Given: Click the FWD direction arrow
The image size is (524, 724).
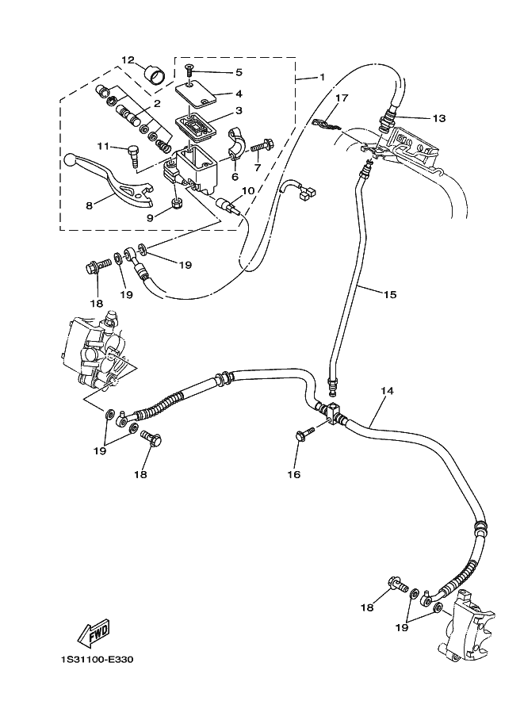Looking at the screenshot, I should click(x=93, y=634).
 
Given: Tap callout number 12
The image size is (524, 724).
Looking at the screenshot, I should click(x=128, y=60).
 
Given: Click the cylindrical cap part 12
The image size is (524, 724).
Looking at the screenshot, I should click(x=155, y=77).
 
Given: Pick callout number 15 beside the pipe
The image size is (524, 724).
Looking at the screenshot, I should click(x=389, y=294).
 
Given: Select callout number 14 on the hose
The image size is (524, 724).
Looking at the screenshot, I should click(x=387, y=391).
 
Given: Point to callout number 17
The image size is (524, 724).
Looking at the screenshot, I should click(x=342, y=98).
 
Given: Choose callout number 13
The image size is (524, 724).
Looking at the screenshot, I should click(x=438, y=118).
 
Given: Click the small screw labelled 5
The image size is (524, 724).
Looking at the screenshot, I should click(x=189, y=73).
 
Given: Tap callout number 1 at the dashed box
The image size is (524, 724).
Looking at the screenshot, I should click(x=322, y=77).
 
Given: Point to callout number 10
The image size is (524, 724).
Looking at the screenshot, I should click(x=247, y=191).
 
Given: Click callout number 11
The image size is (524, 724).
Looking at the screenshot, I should click(x=102, y=146).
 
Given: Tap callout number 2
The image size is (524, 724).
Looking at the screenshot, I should click(x=157, y=104).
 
